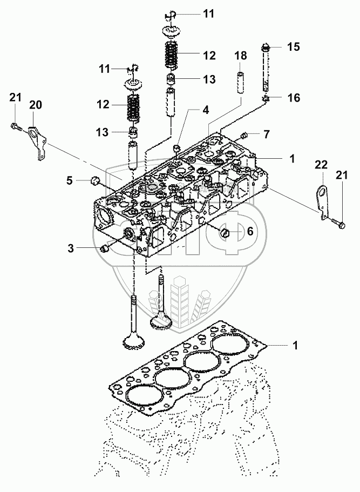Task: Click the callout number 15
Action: (x=294, y=47)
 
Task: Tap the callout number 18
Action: (x=241, y=56)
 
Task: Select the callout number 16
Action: (x=294, y=98)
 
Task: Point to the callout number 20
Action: (x=36, y=104)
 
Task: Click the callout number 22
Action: (x=321, y=165)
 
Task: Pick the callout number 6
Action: (x=250, y=231)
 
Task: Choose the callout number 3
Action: (x=71, y=248)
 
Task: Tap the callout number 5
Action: (x=69, y=180)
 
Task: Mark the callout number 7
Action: (x=266, y=134)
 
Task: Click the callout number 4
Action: (x=206, y=110)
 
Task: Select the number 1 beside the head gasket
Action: (x=295, y=346)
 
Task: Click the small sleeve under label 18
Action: (x=241, y=83)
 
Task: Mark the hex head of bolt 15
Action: (x=266, y=48)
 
